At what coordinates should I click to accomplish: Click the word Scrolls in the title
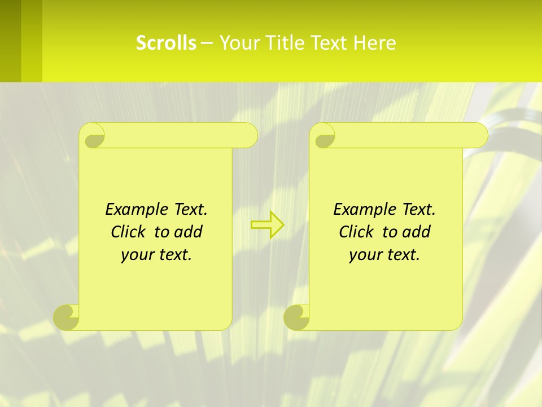166,43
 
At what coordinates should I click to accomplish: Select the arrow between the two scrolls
268,224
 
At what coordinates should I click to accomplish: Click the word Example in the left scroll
134,210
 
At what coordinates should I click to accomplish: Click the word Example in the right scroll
362,210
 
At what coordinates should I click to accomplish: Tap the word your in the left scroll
137,255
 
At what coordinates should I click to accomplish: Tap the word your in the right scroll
365,255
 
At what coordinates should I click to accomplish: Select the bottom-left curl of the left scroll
67,317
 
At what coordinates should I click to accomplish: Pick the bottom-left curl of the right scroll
296,317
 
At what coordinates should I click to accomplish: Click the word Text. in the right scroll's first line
418,210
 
